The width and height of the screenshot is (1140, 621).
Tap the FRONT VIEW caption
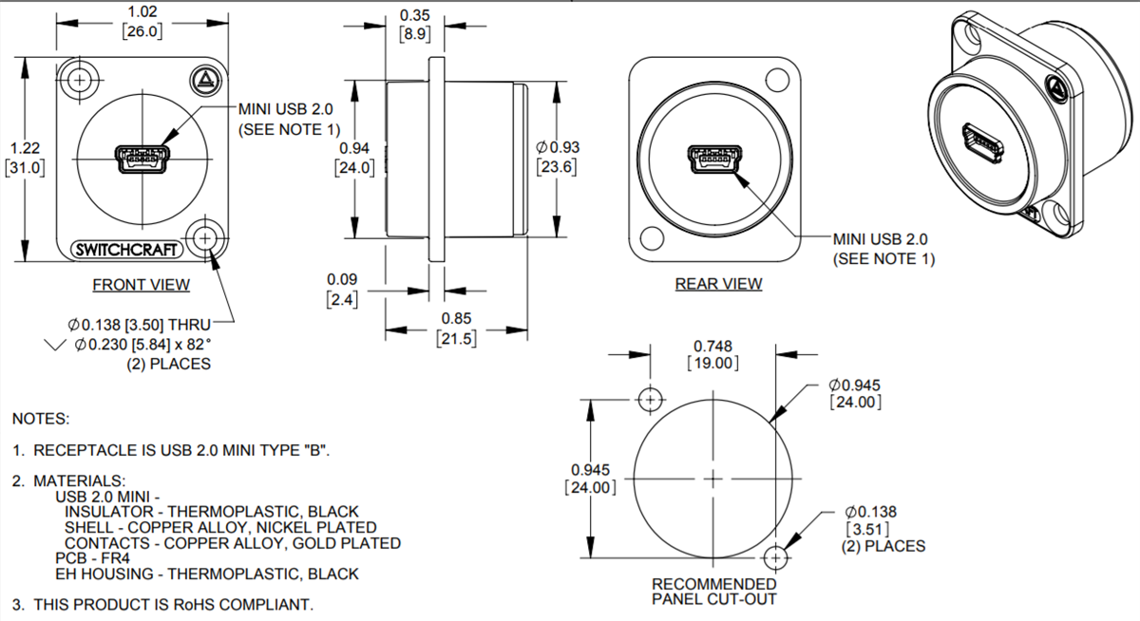pyautogui.click(x=141, y=284)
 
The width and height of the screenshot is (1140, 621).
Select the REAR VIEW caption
pyautogui.click(x=718, y=283)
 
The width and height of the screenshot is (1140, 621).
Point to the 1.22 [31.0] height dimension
pyautogui.click(x=24, y=158)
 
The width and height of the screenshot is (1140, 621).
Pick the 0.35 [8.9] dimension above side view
pyautogui.click(x=415, y=24)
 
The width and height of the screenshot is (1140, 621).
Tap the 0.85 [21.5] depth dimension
pyautogui.click(x=456, y=329)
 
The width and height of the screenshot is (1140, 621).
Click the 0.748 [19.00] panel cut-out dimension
pyautogui.click(x=712, y=354)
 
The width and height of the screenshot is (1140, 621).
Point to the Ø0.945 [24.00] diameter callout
pyautogui.click(x=855, y=393)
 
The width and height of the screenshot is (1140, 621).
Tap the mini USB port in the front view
pyautogui.click(x=142, y=160)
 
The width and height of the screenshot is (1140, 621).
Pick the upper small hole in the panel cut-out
pyautogui.click(x=650, y=400)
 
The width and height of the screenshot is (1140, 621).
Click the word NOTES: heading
pyautogui.click(x=41, y=419)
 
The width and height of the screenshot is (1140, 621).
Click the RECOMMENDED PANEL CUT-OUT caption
pyautogui.click(x=713, y=591)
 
